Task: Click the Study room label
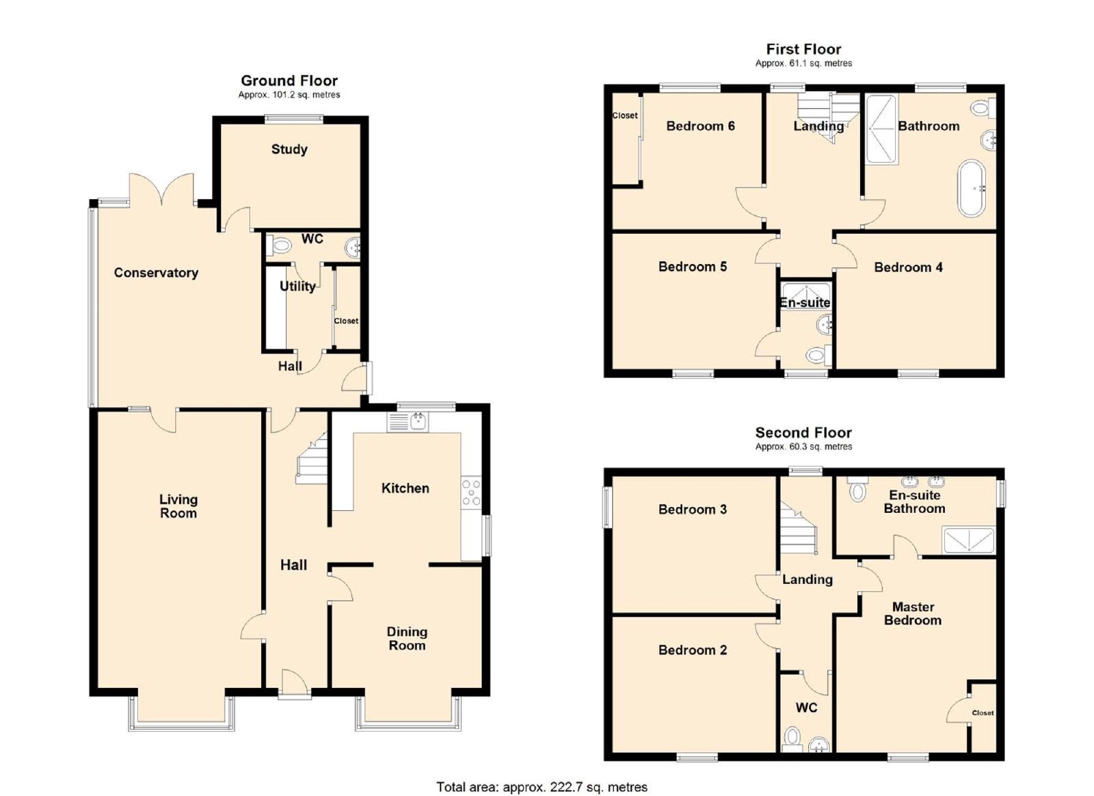pos(289,149)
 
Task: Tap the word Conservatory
pos(156,272)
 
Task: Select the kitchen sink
pos(408,422)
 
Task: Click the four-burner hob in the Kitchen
pos(471,493)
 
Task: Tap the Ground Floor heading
pos(289,81)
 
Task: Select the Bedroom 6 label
pos(700,126)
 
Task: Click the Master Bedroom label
pos(913,613)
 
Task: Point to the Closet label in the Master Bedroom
pos(983,713)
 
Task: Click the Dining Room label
pos(407,639)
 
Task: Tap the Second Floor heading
pos(803,432)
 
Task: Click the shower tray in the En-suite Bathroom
pos(968,540)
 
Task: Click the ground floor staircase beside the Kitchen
pos(312,459)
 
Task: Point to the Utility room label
pos(297,286)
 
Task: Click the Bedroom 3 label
pos(693,509)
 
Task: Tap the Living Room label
pos(178,506)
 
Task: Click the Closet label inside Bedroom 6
pos(625,116)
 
